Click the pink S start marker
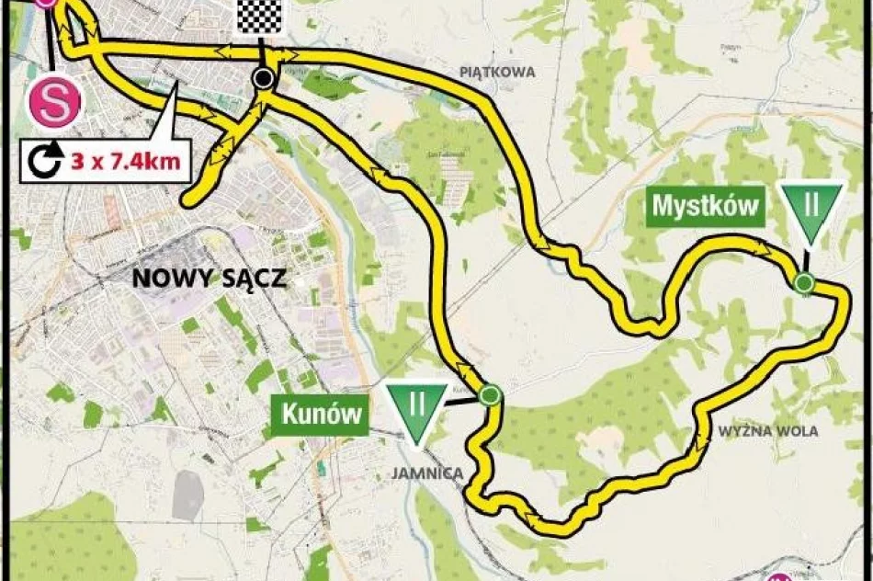tap(54, 102)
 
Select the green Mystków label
tap(706, 206)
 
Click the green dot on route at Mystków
tap(804, 282)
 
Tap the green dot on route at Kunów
tap(491, 396)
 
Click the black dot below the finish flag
tap(265, 79)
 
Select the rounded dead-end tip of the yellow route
tap(189, 198)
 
